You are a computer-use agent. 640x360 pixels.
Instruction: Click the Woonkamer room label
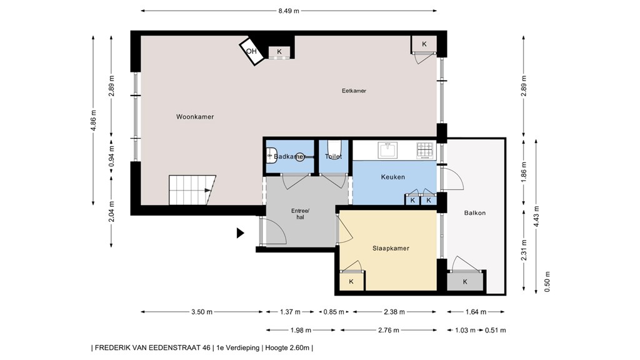195,117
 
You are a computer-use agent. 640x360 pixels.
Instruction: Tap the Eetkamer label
354,91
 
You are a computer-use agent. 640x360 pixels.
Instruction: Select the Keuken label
392,177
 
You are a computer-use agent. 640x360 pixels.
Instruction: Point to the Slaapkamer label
391,248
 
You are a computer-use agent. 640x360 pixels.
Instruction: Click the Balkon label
475,212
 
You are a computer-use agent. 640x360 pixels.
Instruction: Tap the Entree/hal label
301,214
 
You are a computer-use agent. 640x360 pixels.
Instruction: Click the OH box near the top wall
252,51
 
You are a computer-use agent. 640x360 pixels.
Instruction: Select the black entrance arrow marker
240,233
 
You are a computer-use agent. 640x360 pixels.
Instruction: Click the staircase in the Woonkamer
192,190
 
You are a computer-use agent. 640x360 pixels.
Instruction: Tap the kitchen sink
387,150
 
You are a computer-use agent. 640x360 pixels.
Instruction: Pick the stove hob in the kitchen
424,151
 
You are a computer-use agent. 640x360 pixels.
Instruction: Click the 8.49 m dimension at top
289,11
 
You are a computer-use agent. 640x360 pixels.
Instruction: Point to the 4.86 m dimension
94,121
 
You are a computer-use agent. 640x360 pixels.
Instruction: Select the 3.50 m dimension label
202,312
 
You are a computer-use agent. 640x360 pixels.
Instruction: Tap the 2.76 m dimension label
388,330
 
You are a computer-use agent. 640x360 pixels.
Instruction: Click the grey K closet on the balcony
465,281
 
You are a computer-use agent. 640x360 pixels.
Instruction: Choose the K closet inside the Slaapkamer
351,281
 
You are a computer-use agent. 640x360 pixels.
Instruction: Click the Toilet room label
334,156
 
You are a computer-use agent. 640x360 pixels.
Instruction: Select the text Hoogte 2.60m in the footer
287,347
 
